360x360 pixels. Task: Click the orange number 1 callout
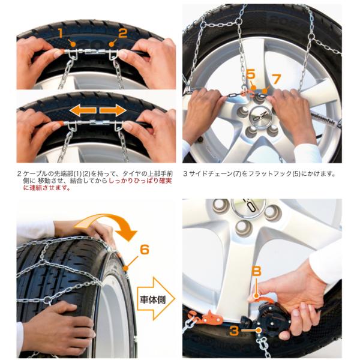coord(61,33)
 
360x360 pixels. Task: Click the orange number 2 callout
coord(122,33)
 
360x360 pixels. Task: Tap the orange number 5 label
coord(251,74)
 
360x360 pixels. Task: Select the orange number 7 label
coord(276,79)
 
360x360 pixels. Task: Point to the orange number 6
coord(144,250)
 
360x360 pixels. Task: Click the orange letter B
coord(256,271)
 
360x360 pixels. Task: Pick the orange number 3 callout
coord(234,331)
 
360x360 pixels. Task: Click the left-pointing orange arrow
coord(83,110)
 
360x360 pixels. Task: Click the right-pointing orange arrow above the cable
coord(113,110)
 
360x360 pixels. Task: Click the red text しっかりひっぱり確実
coord(140,181)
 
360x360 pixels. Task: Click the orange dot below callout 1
coord(73,44)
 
